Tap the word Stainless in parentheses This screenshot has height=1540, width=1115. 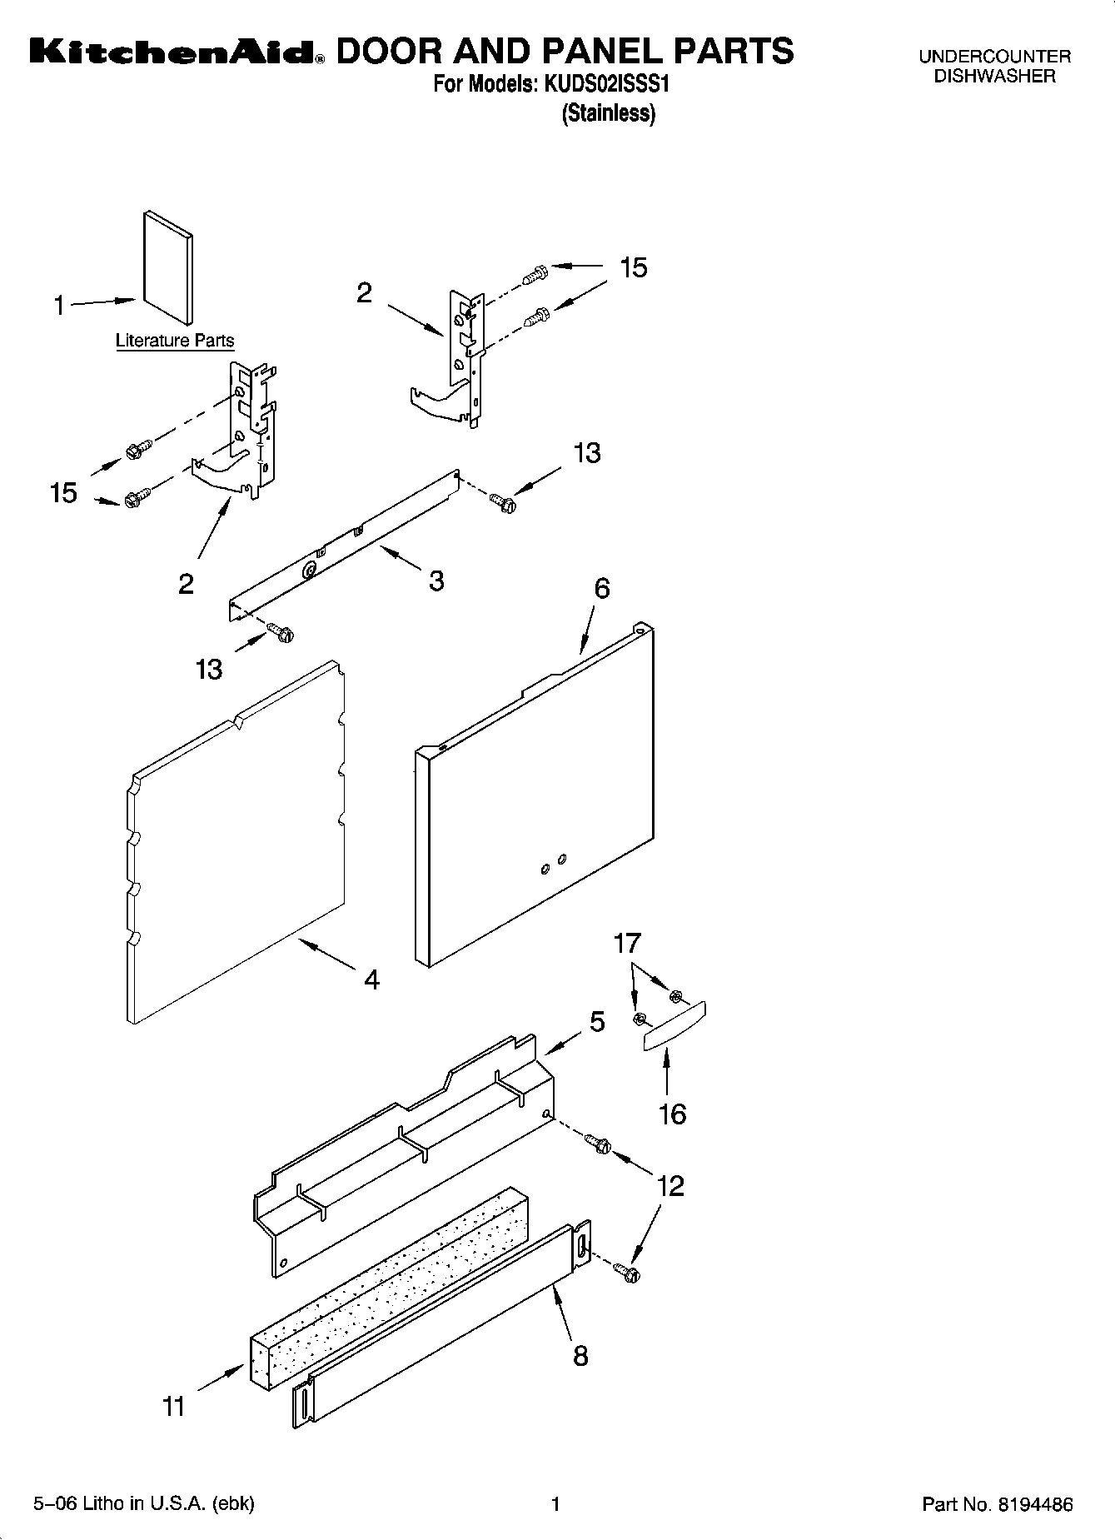click(x=609, y=113)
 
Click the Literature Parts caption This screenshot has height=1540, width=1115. click(x=175, y=341)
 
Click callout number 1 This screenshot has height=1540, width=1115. click(x=59, y=307)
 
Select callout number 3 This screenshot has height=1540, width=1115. click(x=436, y=581)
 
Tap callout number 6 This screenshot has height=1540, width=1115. click(x=601, y=588)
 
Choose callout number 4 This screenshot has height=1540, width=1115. click(x=371, y=979)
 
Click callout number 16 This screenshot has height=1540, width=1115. click(x=672, y=1114)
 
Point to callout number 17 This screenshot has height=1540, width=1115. click(x=627, y=944)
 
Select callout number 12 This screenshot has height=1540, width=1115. click(x=670, y=1185)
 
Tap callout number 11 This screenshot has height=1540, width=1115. click(x=173, y=1407)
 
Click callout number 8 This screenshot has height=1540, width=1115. click(x=580, y=1356)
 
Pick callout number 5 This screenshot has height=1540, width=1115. click(x=597, y=1022)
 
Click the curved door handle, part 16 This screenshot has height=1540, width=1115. click(x=674, y=1027)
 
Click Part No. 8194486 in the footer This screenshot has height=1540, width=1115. click(x=997, y=1504)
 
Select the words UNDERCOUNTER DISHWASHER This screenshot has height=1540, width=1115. click(x=994, y=67)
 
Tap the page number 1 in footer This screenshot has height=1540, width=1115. click(x=555, y=1503)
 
